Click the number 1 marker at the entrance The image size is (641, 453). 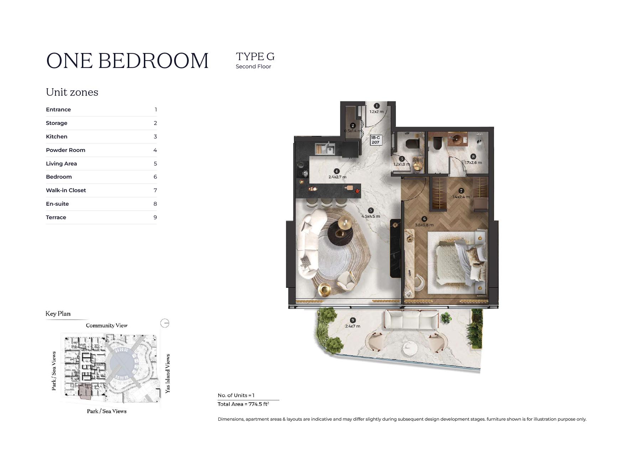click(x=377, y=106)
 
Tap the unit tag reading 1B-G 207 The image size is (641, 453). click(x=376, y=140)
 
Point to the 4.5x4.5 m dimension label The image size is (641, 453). click(x=371, y=216)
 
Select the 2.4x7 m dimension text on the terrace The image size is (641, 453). click(x=353, y=326)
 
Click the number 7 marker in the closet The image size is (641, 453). click(x=461, y=191)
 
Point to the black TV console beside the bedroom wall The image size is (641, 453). click(x=396, y=248)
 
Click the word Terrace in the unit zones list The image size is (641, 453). click(x=56, y=217)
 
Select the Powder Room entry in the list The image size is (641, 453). click(x=66, y=150)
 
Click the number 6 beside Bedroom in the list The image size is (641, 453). click(x=155, y=177)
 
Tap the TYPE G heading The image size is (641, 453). click(x=255, y=57)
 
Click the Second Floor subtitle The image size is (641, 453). click(x=253, y=67)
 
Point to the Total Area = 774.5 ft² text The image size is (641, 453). click(x=243, y=404)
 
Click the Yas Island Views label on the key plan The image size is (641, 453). click(x=168, y=373)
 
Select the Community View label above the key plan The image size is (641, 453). click(x=106, y=325)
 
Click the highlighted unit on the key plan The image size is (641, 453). click(x=85, y=391)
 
